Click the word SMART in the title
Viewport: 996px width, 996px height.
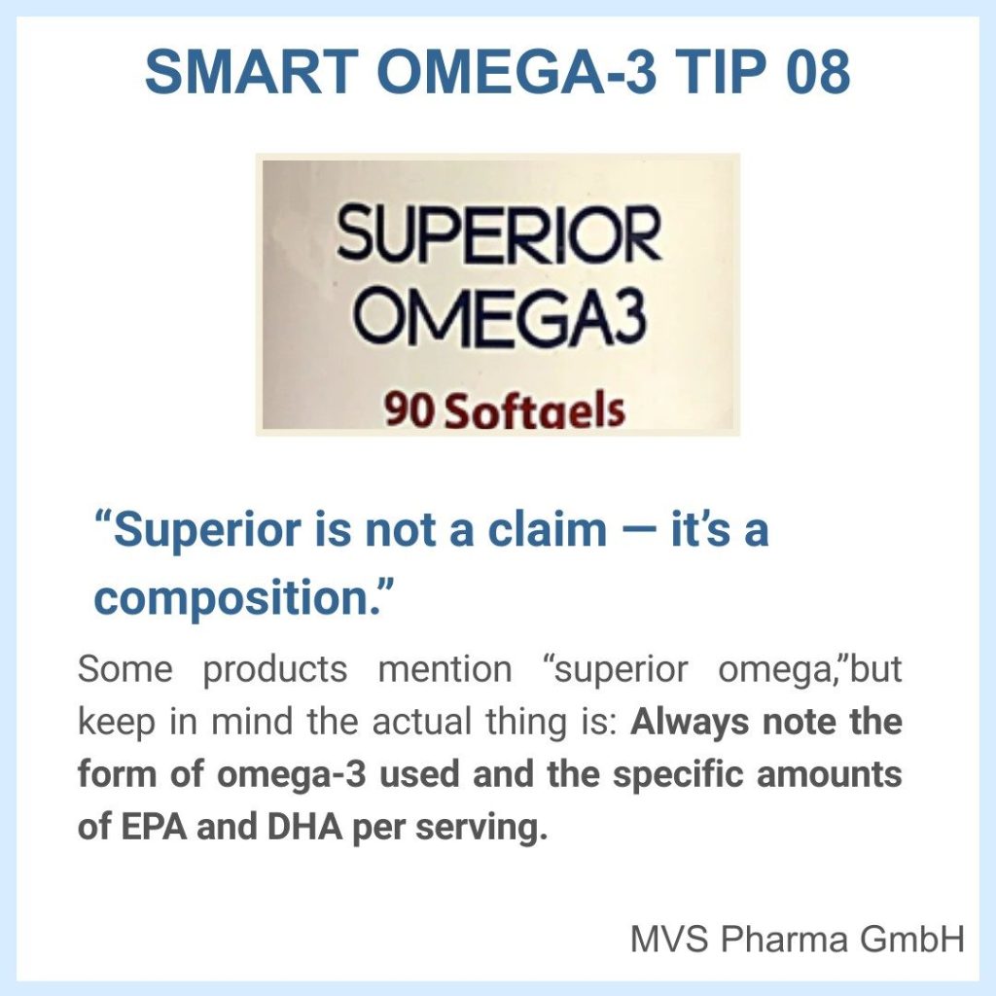tap(250, 71)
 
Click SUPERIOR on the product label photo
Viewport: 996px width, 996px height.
tap(499, 233)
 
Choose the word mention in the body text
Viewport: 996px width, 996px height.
tap(445, 669)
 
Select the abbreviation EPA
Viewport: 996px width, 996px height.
tap(153, 827)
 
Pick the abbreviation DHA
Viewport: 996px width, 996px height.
tap(304, 827)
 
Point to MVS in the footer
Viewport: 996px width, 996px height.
tap(669, 939)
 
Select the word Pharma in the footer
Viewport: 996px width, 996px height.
tap(785, 939)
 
